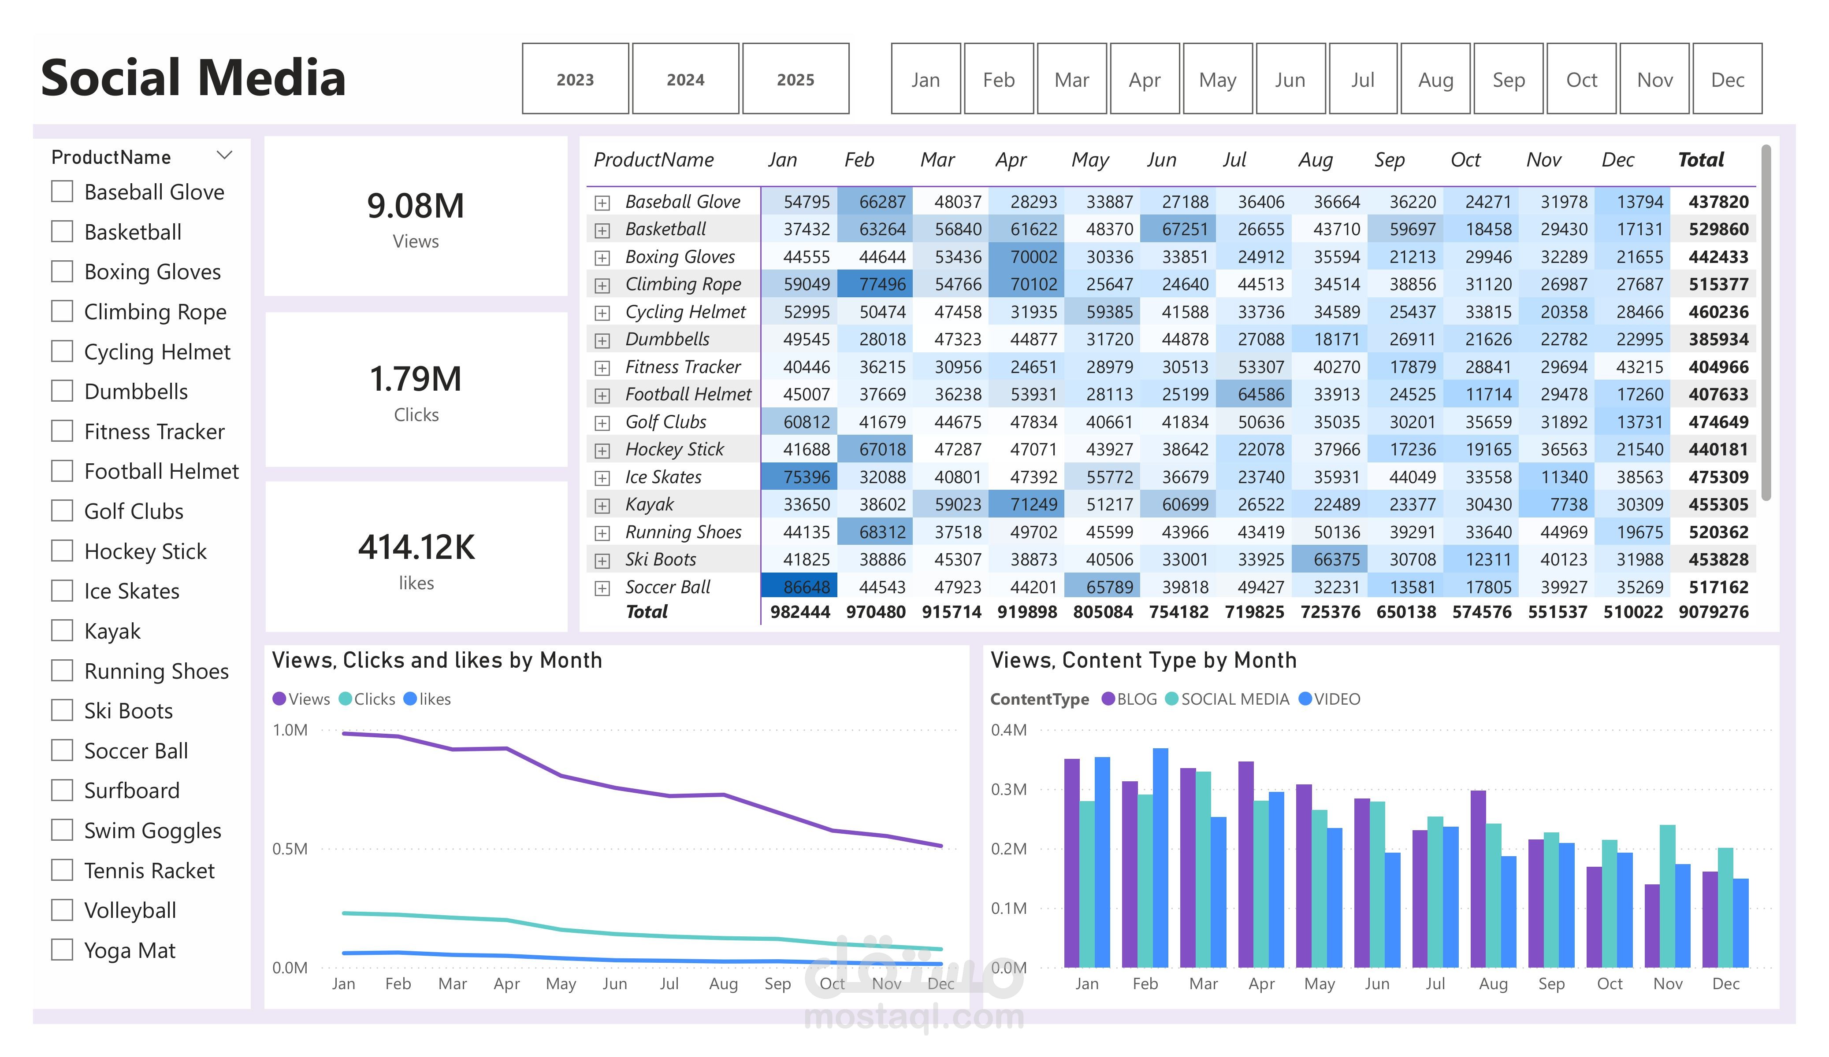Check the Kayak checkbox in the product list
click(x=63, y=630)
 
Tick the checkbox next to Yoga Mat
click(x=63, y=950)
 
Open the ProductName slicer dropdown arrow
click(x=224, y=156)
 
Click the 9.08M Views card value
click(x=415, y=206)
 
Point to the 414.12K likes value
click(x=416, y=547)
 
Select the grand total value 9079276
click(x=1713, y=612)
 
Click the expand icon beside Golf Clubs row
click(x=602, y=422)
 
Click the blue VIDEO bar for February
click(x=1160, y=856)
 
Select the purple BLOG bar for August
click(x=1478, y=878)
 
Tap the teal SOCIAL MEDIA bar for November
click(x=1667, y=896)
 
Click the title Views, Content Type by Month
click(x=1143, y=660)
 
